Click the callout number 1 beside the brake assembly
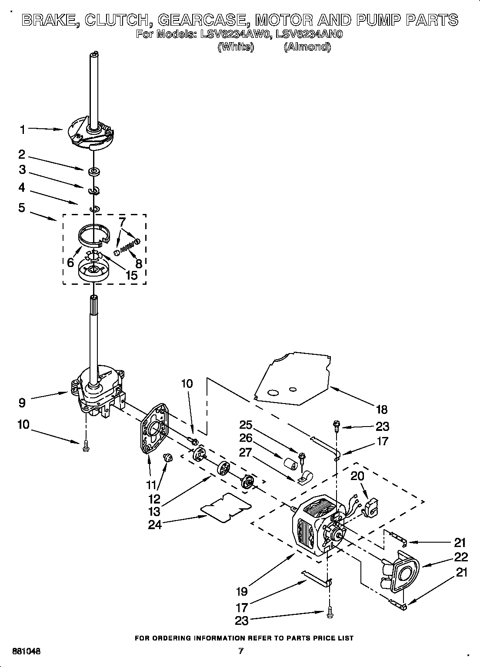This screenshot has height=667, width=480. click(x=22, y=129)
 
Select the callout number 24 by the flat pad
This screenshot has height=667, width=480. click(x=155, y=525)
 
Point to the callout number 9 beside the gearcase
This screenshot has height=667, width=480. click(x=22, y=403)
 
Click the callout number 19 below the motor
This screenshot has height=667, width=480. click(x=242, y=591)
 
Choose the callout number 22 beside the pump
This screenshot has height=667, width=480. click(x=461, y=557)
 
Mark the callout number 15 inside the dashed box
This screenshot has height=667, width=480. click(x=131, y=275)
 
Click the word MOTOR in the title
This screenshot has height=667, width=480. click(x=283, y=20)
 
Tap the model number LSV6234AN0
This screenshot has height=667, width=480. click(x=310, y=34)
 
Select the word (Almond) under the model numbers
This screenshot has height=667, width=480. click(x=307, y=47)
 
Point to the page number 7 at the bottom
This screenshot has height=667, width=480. click(x=240, y=651)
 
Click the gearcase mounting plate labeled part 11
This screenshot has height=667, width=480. click(x=154, y=428)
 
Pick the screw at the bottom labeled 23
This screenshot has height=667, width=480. click(x=330, y=613)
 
